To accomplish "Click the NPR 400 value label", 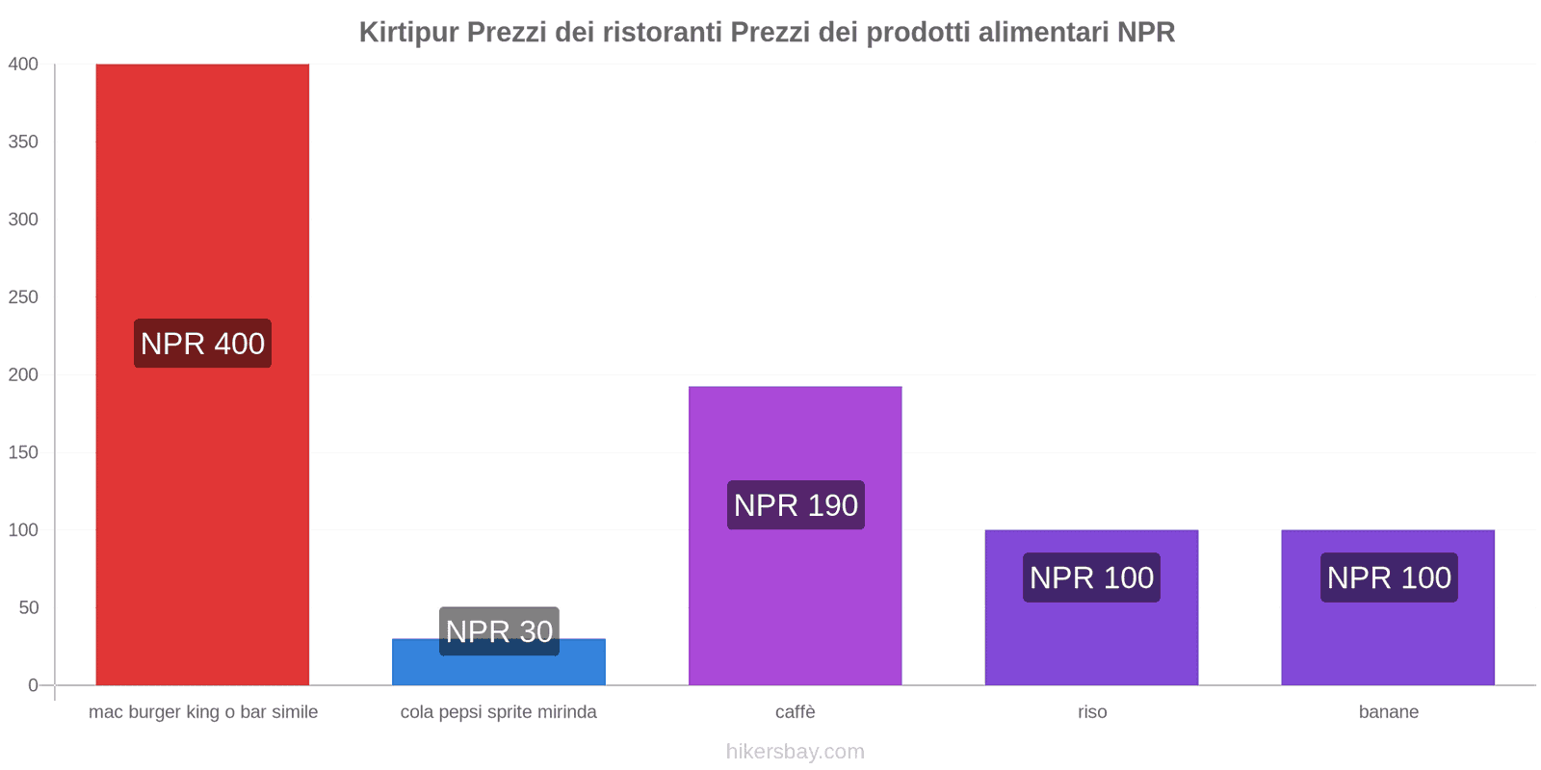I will coord(202,344).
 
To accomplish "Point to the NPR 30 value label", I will coord(499,631).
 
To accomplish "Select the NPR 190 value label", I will coord(796,505).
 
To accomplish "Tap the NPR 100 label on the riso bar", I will coord(1091,577).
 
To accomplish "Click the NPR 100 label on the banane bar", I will coord(1389,577).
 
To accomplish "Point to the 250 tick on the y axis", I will coord(23,296).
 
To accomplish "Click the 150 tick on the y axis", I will coord(23,452).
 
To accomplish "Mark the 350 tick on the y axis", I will coord(23,141).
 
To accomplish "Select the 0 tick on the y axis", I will coord(33,685).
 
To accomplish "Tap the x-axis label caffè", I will coord(796,712).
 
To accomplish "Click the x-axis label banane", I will coord(1389,712).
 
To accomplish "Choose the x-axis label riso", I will coord(1092,712).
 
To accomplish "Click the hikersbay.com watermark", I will coord(796,752).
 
